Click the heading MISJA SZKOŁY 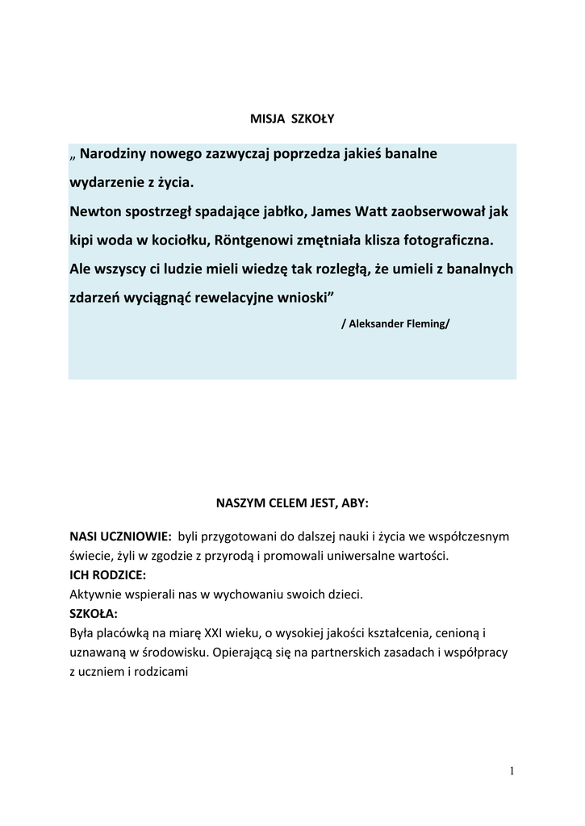tap(291, 119)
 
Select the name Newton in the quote tap(94, 211)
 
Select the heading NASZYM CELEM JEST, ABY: tap(291, 503)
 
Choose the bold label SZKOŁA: tap(94, 615)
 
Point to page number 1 tap(512, 771)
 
